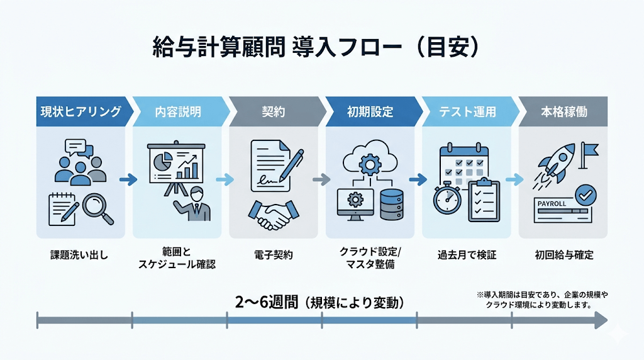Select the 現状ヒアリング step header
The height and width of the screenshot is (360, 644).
[x=80, y=112]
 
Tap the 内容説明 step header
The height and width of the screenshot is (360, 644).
[x=178, y=112]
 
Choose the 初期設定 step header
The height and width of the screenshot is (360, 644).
[x=370, y=112]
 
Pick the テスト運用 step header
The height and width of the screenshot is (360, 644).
[x=467, y=112]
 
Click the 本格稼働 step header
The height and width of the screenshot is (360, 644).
[x=564, y=112]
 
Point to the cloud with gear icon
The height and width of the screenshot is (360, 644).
[x=370, y=159]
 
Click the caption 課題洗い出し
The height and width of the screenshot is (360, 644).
[x=80, y=256]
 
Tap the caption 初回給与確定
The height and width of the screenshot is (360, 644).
[x=564, y=256]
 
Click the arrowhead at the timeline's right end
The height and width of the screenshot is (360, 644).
[x=601, y=321]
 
